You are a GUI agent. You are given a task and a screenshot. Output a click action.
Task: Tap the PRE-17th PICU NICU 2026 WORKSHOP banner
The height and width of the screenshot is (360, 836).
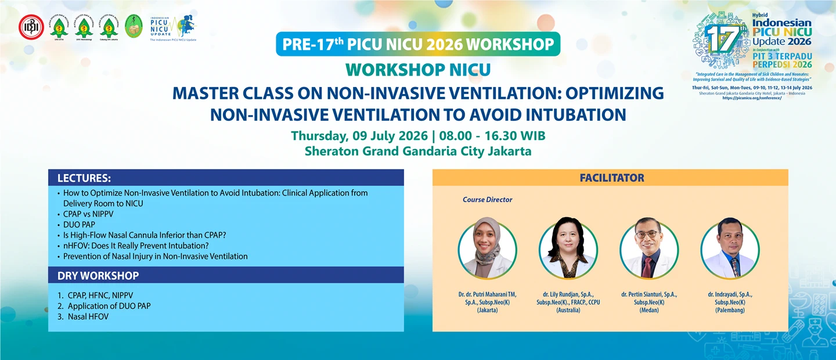point(418,45)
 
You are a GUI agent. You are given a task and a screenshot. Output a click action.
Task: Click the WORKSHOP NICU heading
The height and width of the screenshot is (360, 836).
point(418,70)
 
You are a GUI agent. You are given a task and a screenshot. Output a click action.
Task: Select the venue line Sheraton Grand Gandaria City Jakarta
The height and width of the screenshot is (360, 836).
point(418,152)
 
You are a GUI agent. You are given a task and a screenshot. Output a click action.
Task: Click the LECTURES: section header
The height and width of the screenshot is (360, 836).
point(84,178)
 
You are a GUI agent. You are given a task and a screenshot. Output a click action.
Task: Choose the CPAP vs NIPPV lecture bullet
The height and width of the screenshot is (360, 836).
point(88,214)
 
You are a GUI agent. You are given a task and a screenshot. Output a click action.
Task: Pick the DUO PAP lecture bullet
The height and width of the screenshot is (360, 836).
point(79,224)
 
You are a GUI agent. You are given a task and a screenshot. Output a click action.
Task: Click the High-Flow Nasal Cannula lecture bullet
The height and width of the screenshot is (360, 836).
point(144,235)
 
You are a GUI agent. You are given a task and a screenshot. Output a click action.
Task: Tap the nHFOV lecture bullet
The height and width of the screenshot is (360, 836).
point(135,246)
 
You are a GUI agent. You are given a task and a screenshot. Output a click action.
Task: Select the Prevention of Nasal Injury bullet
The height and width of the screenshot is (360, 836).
point(155,256)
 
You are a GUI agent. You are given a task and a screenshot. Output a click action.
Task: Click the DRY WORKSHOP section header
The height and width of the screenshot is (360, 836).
point(98,275)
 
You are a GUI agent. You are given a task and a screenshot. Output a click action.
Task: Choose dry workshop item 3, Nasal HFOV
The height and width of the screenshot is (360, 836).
point(88,316)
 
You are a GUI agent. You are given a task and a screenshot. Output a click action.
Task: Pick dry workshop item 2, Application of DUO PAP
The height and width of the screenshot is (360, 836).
point(109,306)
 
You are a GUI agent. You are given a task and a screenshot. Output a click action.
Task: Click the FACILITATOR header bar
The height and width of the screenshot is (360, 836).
point(611,178)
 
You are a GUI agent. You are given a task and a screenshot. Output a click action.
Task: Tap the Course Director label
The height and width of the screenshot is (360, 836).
point(487,200)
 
